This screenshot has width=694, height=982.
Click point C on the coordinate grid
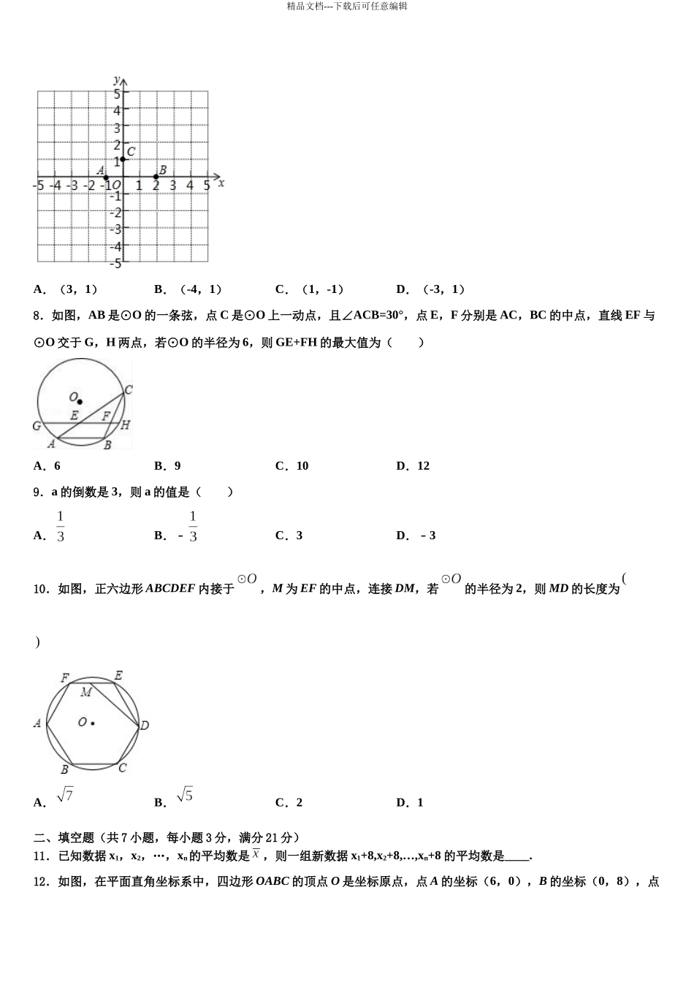click(123, 159)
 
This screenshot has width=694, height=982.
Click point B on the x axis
click(156, 177)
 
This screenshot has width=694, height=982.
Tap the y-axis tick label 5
click(117, 94)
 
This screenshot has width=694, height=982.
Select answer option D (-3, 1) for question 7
click(430, 289)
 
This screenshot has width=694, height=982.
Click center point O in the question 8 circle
click(80, 401)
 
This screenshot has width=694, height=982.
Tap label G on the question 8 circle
click(37, 426)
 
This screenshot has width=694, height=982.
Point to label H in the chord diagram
click(125, 425)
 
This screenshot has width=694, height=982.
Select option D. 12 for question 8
click(413, 466)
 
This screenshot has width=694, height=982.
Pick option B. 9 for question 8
click(168, 466)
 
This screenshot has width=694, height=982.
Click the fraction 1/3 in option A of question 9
click(61, 527)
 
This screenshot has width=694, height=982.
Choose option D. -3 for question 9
click(416, 536)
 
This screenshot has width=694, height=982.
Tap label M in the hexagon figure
click(86, 692)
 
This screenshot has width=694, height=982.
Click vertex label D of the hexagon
click(145, 726)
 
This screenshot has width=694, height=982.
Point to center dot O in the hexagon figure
click(93, 723)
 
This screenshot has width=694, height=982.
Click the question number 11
click(42, 856)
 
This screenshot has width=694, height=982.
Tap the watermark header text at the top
click(347, 6)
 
